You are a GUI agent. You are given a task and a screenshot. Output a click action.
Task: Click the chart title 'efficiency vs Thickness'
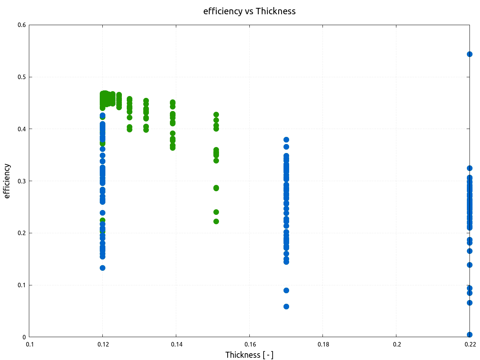(x=249, y=11)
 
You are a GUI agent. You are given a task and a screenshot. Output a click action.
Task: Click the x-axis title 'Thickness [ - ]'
(x=249, y=355)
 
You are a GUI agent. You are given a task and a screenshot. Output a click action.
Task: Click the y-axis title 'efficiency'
(x=7, y=181)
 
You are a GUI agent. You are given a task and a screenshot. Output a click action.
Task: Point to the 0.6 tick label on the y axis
(x=22, y=25)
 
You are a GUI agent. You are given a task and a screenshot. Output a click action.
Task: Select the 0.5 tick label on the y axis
(x=22, y=77)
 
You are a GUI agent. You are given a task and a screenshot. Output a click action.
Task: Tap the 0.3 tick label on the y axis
(x=22, y=181)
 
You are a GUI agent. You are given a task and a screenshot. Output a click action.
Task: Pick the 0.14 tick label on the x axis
(x=176, y=344)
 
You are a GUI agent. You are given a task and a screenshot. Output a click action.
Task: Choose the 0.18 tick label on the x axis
(x=323, y=344)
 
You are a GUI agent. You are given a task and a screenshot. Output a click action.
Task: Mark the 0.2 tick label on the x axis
(x=396, y=344)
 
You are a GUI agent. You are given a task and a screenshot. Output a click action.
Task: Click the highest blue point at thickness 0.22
(x=469, y=54)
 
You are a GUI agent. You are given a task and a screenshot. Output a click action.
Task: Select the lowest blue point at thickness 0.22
(x=469, y=334)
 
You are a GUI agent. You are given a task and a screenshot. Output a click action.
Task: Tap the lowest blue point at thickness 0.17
(x=286, y=306)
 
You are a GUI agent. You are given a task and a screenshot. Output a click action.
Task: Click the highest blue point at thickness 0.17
(x=286, y=139)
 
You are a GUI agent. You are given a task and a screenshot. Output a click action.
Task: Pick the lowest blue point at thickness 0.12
(x=102, y=268)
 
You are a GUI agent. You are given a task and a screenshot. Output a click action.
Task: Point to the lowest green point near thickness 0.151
(x=216, y=221)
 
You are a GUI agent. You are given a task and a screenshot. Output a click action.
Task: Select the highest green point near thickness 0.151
(x=216, y=114)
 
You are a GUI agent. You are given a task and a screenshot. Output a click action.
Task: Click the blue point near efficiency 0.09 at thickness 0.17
(x=286, y=290)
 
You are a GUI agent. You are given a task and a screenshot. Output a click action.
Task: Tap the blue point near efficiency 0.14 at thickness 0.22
(x=469, y=265)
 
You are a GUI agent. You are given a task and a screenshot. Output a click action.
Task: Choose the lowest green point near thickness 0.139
(x=172, y=148)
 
